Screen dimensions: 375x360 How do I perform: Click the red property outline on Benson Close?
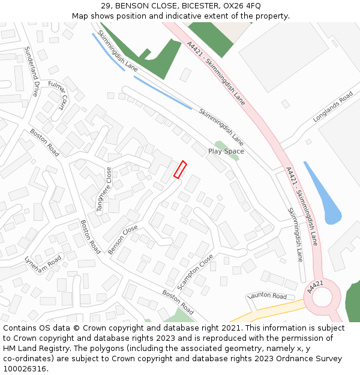[180, 170]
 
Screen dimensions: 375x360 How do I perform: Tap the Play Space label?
[226, 151]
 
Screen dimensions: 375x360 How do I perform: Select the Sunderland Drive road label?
[32, 72]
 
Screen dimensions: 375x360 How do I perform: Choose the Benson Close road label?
[123, 239]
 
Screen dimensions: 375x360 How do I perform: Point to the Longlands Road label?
[333, 107]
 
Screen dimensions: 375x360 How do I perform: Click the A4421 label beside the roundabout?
[315, 287]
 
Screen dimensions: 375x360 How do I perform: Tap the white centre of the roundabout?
[322, 297]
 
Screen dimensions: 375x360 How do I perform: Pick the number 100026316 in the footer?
[24, 369]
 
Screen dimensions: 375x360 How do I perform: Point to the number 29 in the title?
[106, 6]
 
